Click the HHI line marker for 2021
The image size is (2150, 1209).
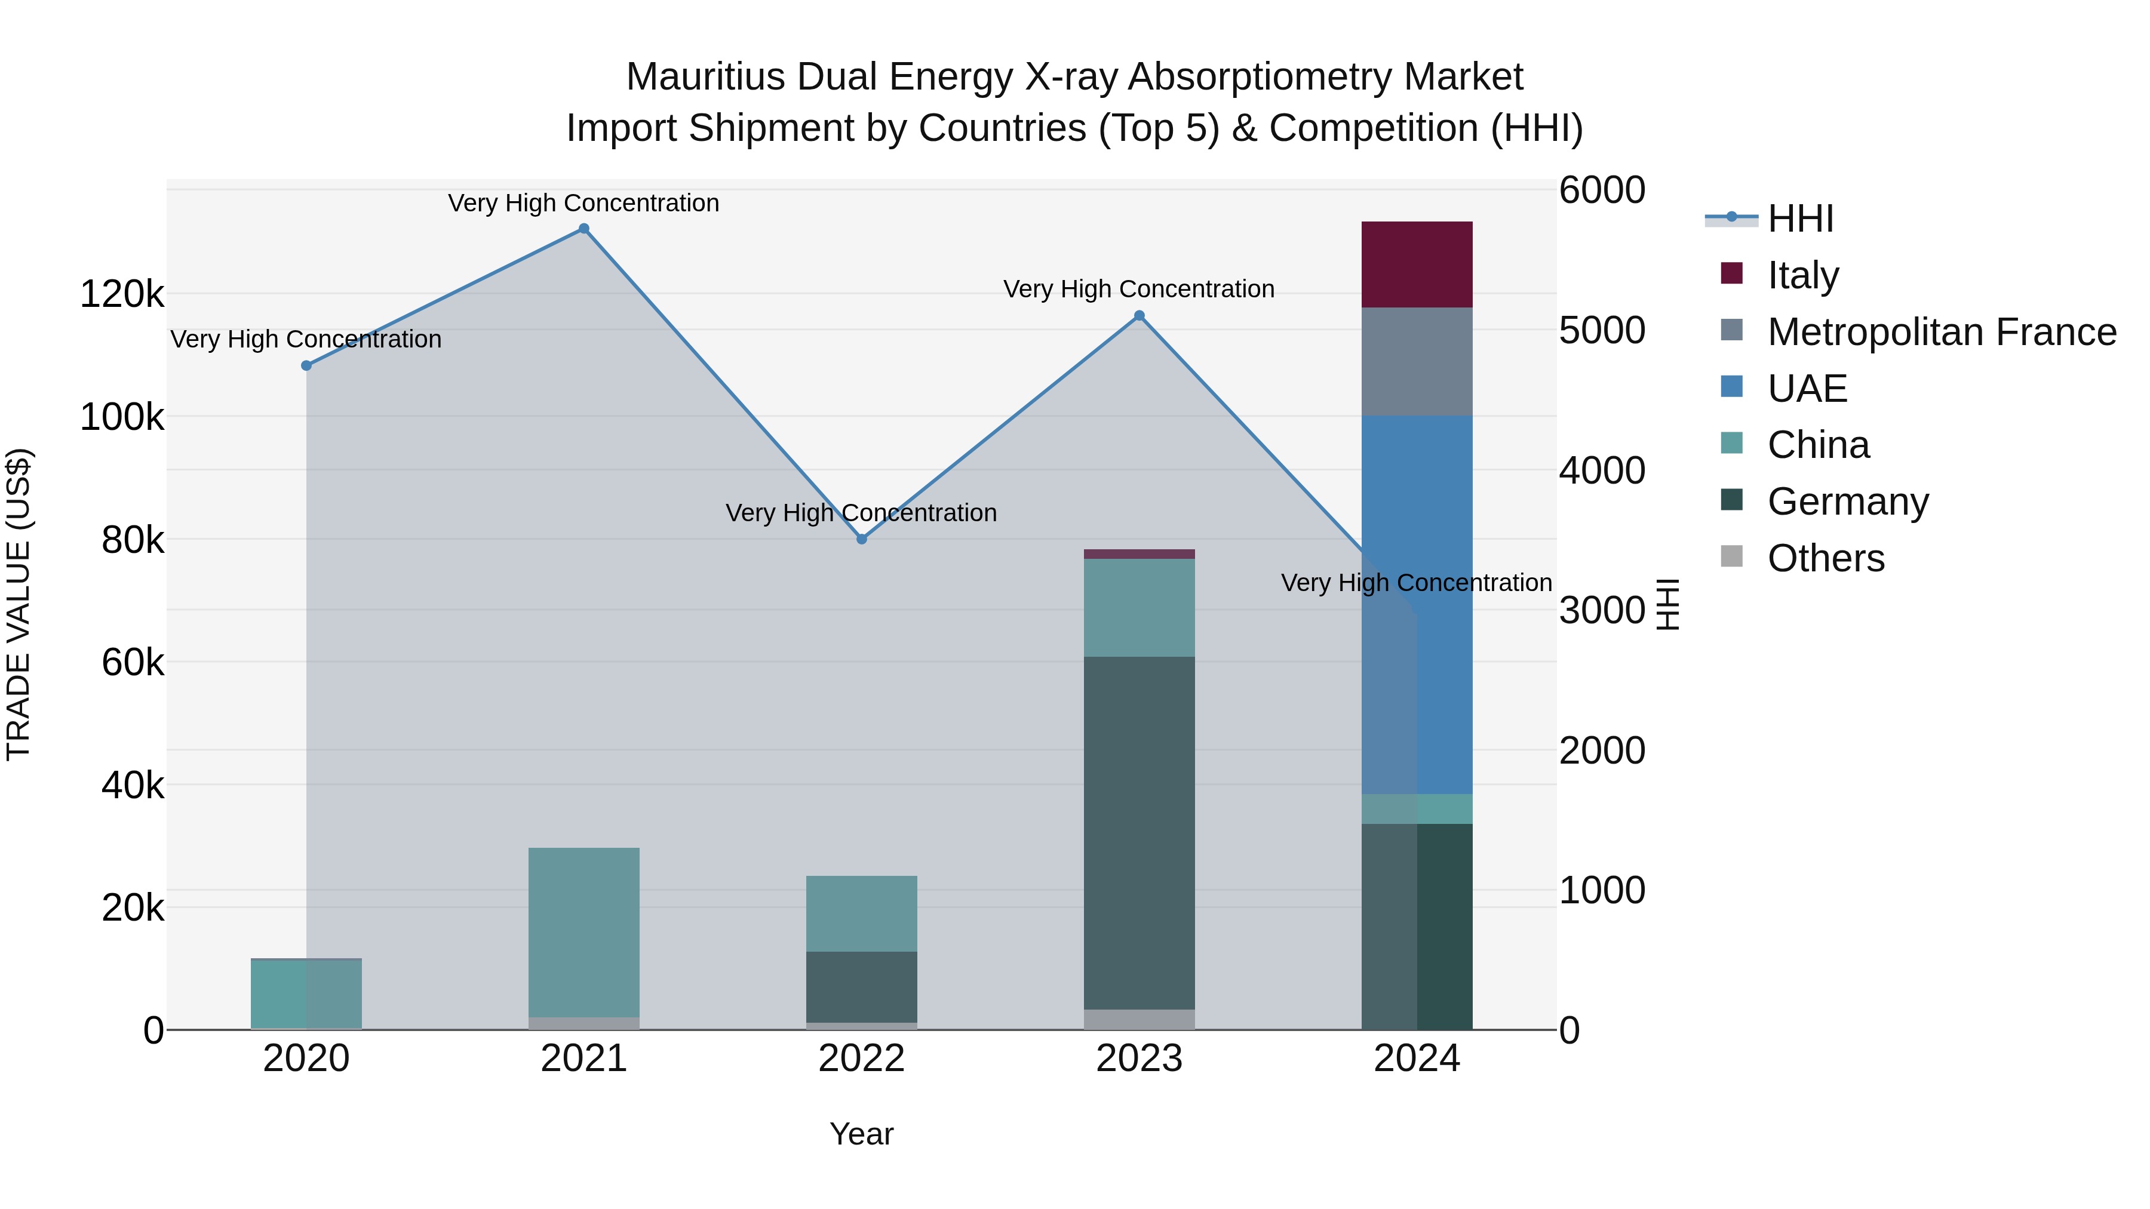(x=583, y=229)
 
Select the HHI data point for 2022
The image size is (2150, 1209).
(x=861, y=539)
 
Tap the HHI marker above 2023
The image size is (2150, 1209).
(x=1139, y=315)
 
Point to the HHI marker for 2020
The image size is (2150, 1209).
(x=306, y=365)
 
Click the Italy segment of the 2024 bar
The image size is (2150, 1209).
(x=1417, y=264)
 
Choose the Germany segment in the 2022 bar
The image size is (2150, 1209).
(x=861, y=986)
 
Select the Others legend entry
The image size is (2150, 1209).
(x=1825, y=558)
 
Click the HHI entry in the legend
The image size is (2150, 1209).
(x=1799, y=219)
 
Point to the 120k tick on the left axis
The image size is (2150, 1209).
(x=122, y=294)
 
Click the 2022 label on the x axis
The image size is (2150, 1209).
(x=861, y=1059)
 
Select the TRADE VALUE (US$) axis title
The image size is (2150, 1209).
(x=19, y=604)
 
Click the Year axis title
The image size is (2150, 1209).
(x=861, y=1134)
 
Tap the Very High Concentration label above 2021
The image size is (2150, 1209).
(x=583, y=203)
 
